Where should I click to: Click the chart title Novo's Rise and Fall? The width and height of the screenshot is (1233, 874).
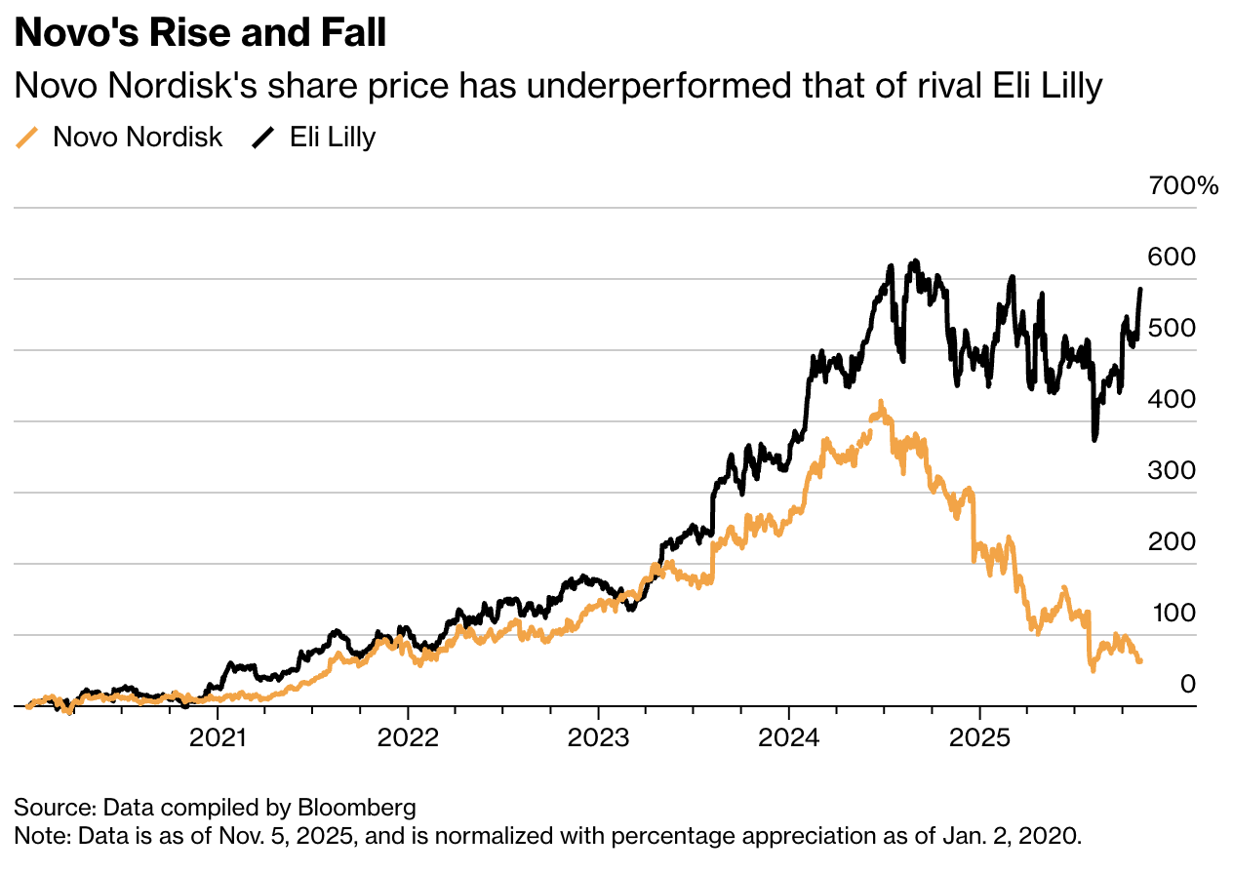pyautogui.click(x=200, y=34)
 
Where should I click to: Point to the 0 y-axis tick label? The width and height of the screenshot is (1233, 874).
pyautogui.click(x=1187, y=684)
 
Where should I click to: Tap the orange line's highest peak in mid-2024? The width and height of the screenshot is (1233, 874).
pyautogui.click(x=881, y=401)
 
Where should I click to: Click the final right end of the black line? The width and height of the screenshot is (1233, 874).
pyautogui.click(x=1140, y=290)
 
